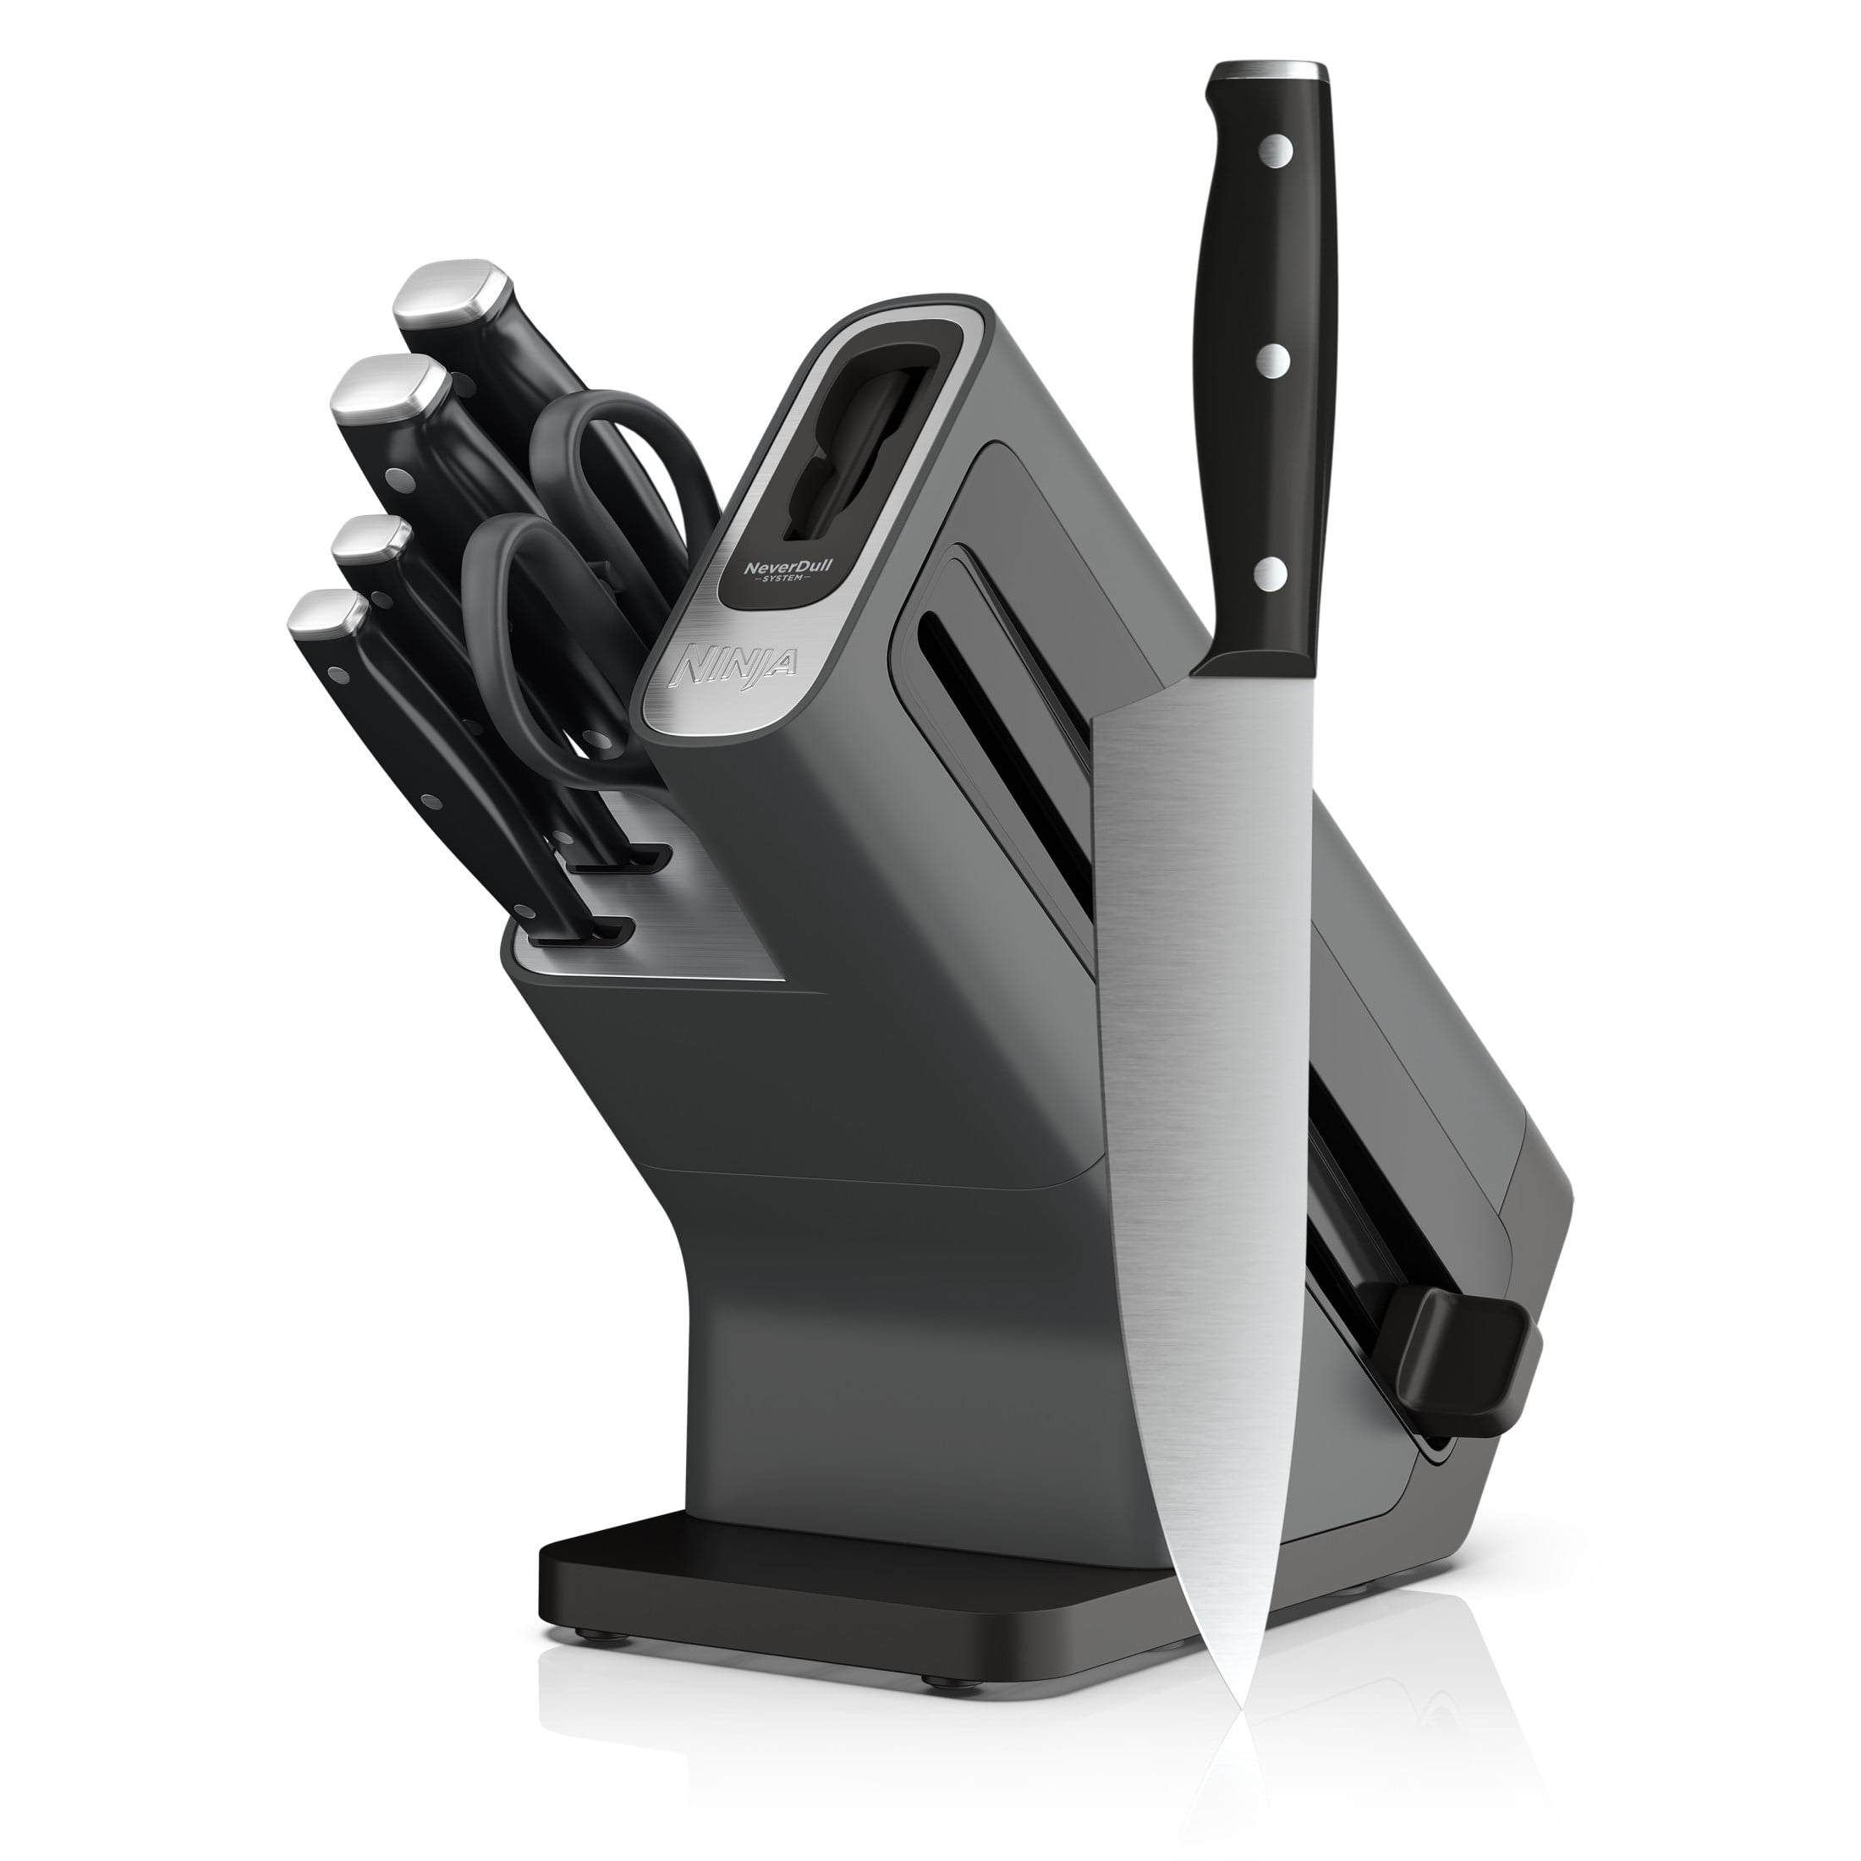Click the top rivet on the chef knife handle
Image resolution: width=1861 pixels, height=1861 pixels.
[x=1276, y=150]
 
